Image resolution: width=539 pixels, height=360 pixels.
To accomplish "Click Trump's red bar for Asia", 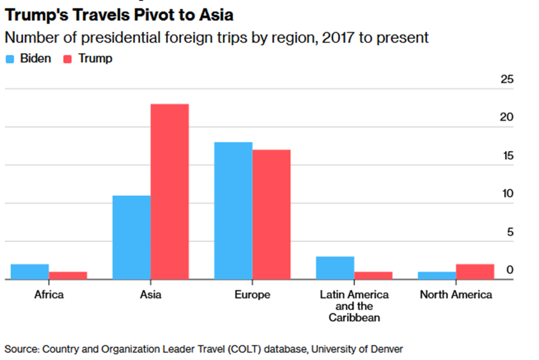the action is pyautogui.click(x=170, y=191).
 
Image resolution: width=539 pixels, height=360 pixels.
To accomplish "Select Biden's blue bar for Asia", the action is pyautogui.click(x=132, y=237).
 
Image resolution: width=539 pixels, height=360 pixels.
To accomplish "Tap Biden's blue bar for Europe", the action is pyautogui.click(x=234, y=211).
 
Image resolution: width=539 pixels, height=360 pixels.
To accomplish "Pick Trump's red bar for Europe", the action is pyautogui.click(x=271, y=215).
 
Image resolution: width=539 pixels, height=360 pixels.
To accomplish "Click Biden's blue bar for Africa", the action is pyautogui.click(x=30, y=272).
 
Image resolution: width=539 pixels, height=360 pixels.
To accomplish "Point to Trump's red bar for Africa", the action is pyautogui.click(x=68, y=276).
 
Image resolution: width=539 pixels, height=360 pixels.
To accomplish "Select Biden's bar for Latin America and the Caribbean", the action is pyautogui.click(x=335, y=268).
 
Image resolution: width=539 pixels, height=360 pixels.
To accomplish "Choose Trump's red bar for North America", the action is pyautogui.click(x=475, y=272).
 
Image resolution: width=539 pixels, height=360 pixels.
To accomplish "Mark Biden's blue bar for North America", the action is pyautogui.click(x=437, y=276).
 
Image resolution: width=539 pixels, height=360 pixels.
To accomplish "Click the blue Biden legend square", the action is pyautogui.click(x=10, y=59).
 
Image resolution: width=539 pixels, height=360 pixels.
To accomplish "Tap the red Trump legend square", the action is pyautogui.click(x=67, y=59).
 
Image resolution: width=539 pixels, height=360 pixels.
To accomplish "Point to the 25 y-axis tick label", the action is pyautogui.click(x=507, y=79).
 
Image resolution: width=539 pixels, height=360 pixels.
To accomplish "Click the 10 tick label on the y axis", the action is pyautogui.click(x=508, y=194).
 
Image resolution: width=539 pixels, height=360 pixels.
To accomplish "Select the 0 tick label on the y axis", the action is pyautogui.click(x=510, y=270).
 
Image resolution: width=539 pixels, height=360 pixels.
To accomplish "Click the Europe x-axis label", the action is pyautogui.click(x=253, y=295).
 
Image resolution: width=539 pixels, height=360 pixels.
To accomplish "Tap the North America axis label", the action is pyautogui.click(x=456, y=295).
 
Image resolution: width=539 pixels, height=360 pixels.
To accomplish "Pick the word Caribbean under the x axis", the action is pyautogui.click(x=354, y=318).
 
